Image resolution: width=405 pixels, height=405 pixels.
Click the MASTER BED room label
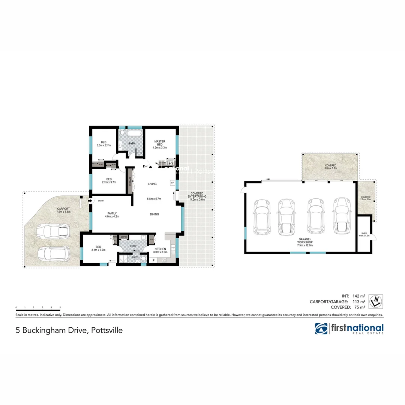point(160,144)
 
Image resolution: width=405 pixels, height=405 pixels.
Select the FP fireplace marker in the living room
point(172,183)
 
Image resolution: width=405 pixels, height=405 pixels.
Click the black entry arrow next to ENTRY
point(90,201)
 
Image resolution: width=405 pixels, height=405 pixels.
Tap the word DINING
point(154,214)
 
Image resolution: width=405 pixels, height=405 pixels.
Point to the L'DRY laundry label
point(133,246)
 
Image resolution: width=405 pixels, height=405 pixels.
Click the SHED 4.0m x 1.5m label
point(364,234)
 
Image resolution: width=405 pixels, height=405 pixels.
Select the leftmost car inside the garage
point(261,217)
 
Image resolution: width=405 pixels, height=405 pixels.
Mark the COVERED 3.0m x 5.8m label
point(330,166)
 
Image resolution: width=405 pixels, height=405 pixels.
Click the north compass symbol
point(375,301)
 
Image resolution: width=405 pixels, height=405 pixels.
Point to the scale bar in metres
point(38,310)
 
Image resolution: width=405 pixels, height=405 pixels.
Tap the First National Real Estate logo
point(349,329)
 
